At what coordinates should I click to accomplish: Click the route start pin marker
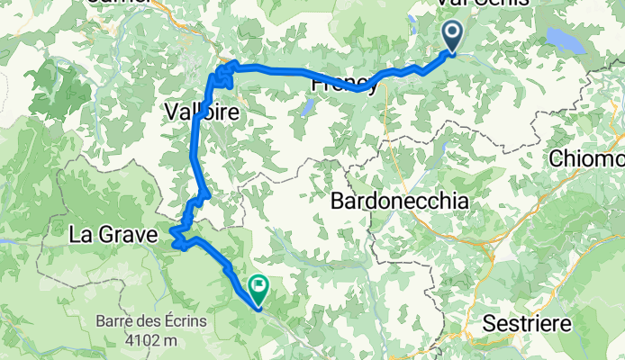tap(452, 38)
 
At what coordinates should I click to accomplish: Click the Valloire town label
tap(201, 112)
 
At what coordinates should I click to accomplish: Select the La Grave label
tap(113, 236)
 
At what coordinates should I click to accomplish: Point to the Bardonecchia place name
tap(399, 201)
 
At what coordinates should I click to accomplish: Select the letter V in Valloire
tap(173, 112)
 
